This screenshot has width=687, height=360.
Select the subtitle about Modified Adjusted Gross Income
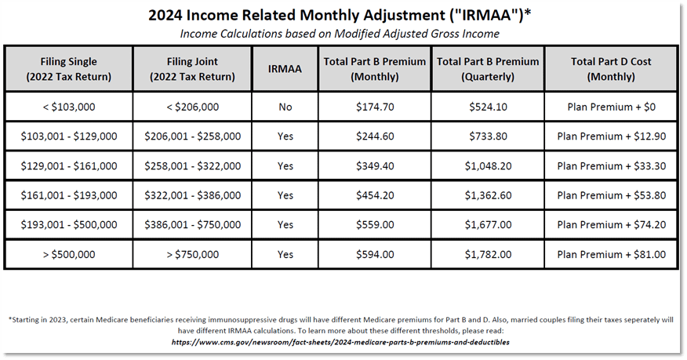point(340,34)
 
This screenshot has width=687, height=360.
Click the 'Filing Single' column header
point(69,69)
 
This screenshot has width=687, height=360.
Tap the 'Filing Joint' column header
point(193,69)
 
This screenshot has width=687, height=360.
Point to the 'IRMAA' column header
point(285,69)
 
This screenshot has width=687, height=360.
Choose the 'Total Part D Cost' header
point(611,69)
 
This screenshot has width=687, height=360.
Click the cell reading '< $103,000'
point(69,107)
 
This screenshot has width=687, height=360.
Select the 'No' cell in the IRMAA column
point(285,107)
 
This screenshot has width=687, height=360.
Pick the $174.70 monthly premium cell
point(374,107)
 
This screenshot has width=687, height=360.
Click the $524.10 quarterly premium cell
point(487,107)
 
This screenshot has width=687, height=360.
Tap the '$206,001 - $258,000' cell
point(193,136)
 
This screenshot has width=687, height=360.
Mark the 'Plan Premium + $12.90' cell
point(611,136)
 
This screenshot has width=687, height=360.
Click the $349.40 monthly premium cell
point(374,165)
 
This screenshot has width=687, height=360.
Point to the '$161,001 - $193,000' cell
point(69,195)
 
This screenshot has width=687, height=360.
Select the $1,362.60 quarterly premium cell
point(487,195)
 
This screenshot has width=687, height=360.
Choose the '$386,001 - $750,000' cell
point(193,224)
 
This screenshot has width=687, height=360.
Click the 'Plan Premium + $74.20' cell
point(611,224)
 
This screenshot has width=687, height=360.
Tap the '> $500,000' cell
point(69,254)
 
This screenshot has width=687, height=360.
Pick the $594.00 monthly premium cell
point(374,254)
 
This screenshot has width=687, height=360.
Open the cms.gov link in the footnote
point(346,343)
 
